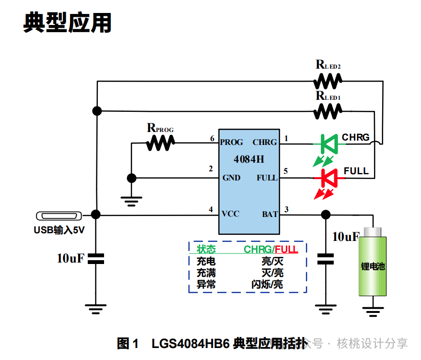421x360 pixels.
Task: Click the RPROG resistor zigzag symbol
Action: click(x=160, y=143)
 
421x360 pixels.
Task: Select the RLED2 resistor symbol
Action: click(x=328, y=81)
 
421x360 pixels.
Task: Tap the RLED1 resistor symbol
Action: click(x=328, y=111)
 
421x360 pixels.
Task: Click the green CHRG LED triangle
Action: click(x=329, y=144)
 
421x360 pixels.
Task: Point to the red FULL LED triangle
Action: click(x=329, y=178)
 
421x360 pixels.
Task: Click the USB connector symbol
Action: click(x=59, y=216)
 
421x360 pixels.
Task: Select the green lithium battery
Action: click(x=373, y=262)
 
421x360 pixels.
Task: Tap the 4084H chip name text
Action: click(x=249, y=159)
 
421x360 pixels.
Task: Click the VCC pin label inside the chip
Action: click(x=230, y=214)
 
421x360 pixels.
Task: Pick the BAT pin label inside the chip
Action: click(x=270, y=214)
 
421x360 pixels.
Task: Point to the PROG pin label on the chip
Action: click(x=232, y=142)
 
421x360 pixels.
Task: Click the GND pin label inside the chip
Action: click(x=231, y=178)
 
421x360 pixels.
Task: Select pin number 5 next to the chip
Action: click(x=286, y=171)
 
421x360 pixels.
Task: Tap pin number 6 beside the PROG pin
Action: click(x=212, y=138)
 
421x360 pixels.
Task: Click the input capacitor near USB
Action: click(x=96, y=259)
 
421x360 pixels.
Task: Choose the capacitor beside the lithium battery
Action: click(x=326, y=259)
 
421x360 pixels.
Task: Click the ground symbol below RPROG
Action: click(x=131, y=202)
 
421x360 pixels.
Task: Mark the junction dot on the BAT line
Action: click(x=326, y=215)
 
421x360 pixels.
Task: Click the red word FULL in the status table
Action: click(x=286, y=250)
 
